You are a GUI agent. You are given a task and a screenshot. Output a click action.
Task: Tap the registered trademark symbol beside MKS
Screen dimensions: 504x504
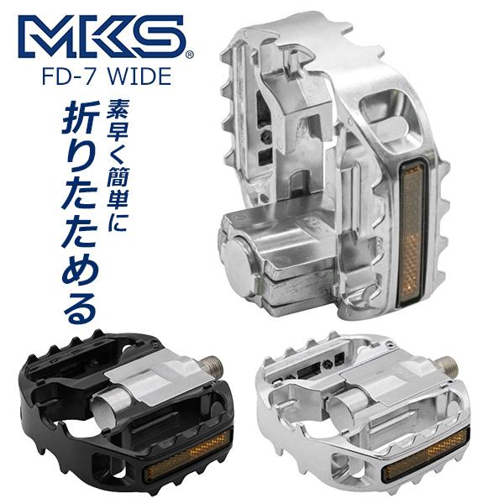click(x=189, y=55)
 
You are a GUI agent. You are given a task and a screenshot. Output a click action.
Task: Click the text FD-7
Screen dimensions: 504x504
click(x=76, y=76)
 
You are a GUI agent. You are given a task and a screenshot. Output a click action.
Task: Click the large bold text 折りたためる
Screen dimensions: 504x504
click(x=81, y=210)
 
